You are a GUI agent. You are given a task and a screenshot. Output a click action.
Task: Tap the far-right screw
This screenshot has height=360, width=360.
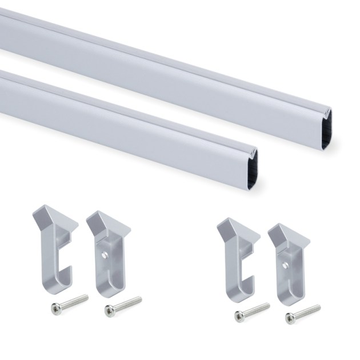tap(303, 311)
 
